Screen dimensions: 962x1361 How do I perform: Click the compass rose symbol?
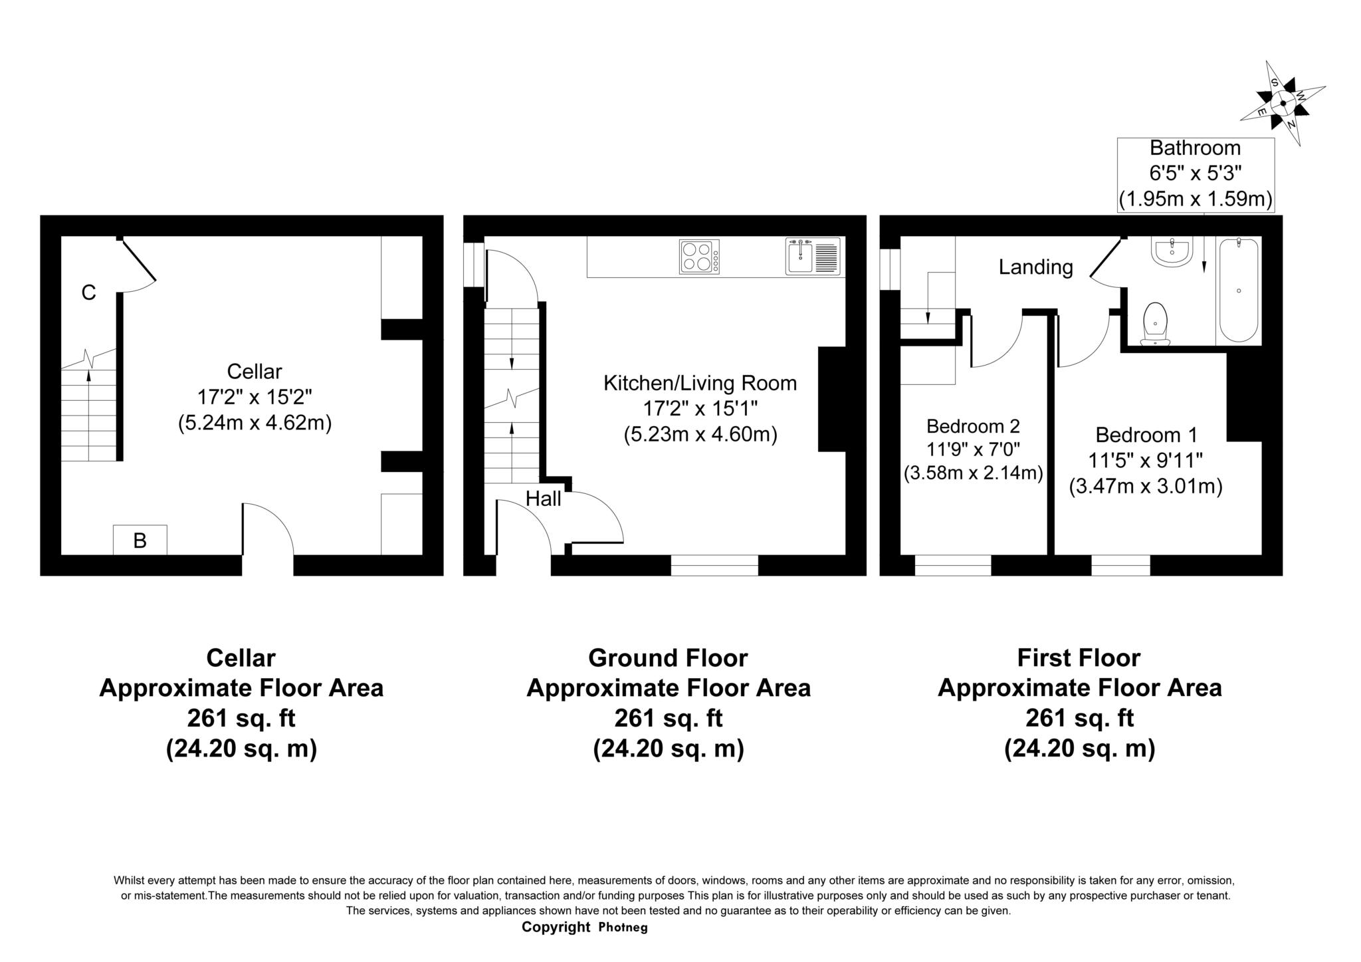click(1282, 104)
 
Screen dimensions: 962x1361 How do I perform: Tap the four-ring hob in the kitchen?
click(698, 257)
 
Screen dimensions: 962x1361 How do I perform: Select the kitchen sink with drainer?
click(813, 257)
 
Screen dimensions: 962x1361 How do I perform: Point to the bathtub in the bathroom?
click(1239, 290)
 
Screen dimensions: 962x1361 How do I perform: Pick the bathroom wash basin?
click(1172, 252)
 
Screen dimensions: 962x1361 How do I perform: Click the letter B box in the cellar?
click(140, 540)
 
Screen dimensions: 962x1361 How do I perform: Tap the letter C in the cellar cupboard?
click(88, 293)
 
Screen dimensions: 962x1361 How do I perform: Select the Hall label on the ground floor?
click(543, 499)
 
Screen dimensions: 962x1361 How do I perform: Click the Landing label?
click(1035, 267)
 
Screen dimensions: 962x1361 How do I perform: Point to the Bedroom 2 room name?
click(973, 425)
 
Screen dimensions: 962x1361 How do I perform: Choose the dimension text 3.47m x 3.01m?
click(1146, 487)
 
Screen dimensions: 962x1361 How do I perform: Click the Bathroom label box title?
click(1195, 148)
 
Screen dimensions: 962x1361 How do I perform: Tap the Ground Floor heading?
click(668, 658)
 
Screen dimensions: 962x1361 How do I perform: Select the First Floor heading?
click(1079, 658)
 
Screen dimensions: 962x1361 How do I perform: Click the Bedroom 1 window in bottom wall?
click(1120, 565)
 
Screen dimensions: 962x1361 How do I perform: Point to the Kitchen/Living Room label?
click(700, 383)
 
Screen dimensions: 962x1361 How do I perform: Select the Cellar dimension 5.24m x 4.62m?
click(255, 423)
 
